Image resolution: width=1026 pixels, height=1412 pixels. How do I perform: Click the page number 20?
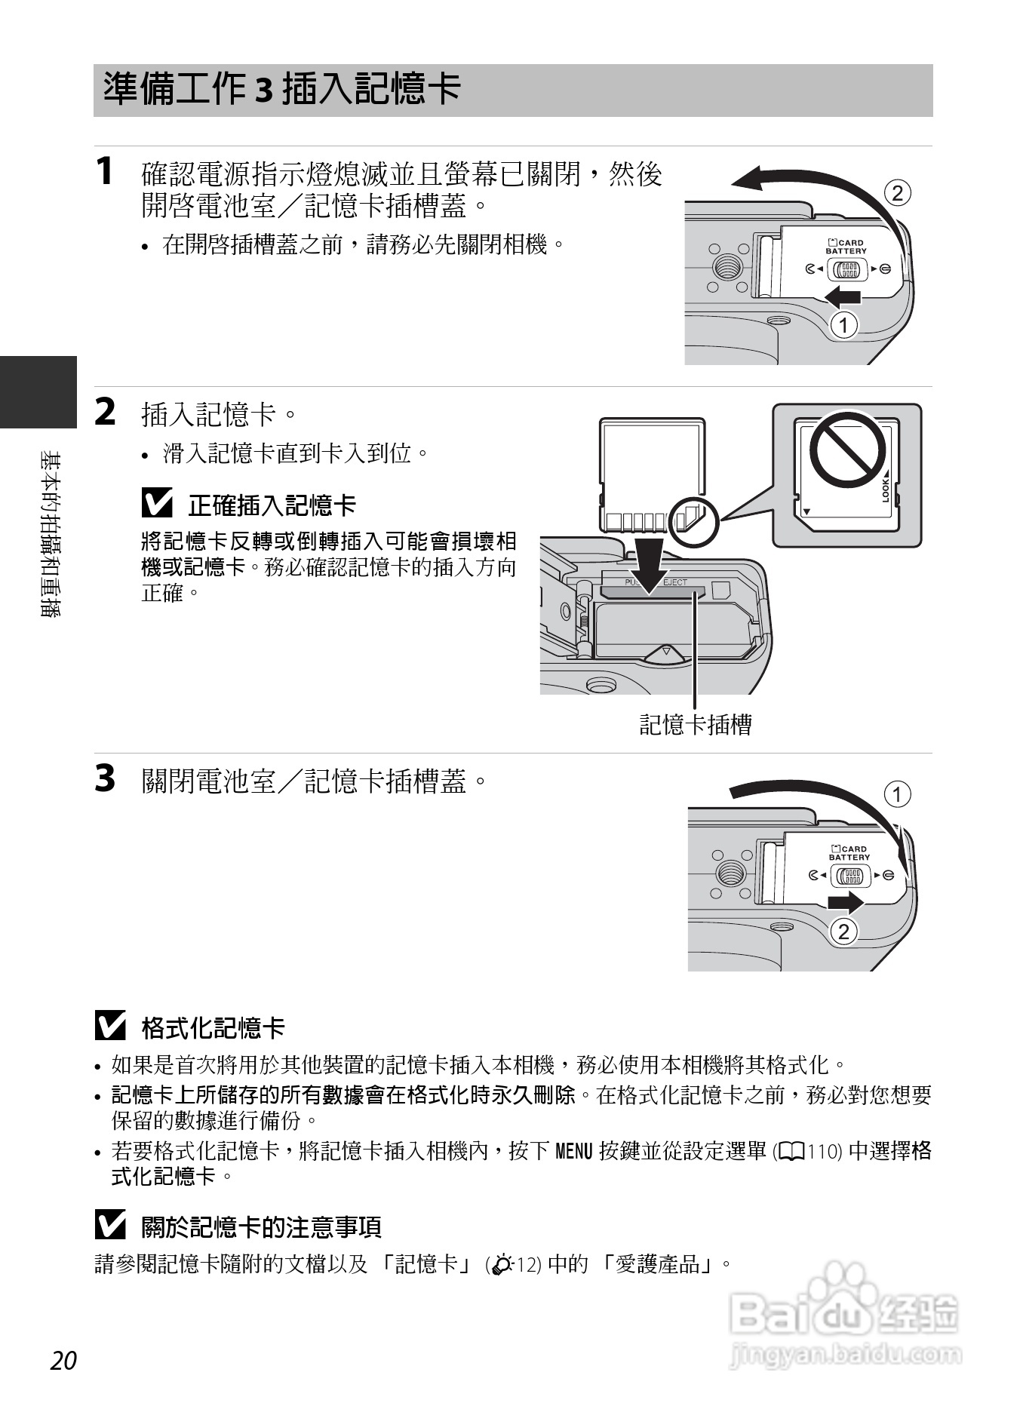(x=64, y=1361)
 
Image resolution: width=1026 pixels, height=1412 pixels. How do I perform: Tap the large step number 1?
(x=105, y=170)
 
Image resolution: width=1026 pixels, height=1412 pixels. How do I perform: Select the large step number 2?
(x=106, y=412)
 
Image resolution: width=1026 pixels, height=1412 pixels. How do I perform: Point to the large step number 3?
(x=106, y=778)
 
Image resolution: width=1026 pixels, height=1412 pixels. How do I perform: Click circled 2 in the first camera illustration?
(x=897, y=193)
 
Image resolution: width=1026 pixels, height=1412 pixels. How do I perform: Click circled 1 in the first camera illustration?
(x=844, y=325)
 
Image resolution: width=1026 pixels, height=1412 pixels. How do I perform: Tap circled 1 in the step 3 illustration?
(x=897, y=794)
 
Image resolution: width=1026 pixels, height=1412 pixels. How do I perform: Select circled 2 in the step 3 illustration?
(x=844, y=932)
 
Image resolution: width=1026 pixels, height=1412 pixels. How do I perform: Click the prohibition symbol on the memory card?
(x=848, y=450)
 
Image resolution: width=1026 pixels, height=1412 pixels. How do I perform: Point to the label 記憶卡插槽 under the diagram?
(x=696, y=725)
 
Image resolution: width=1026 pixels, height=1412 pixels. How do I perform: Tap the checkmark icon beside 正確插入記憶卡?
(x=157, y=503)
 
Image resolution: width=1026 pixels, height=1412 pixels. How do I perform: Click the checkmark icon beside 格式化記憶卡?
(x=110, y=1026)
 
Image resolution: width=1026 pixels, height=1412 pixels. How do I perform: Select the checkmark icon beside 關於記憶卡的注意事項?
(x=110, y=1225)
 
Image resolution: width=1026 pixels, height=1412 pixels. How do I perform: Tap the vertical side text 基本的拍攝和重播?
(x=51, y=534)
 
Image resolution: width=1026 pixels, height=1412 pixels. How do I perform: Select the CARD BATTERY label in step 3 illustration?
(x=849, y=853)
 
